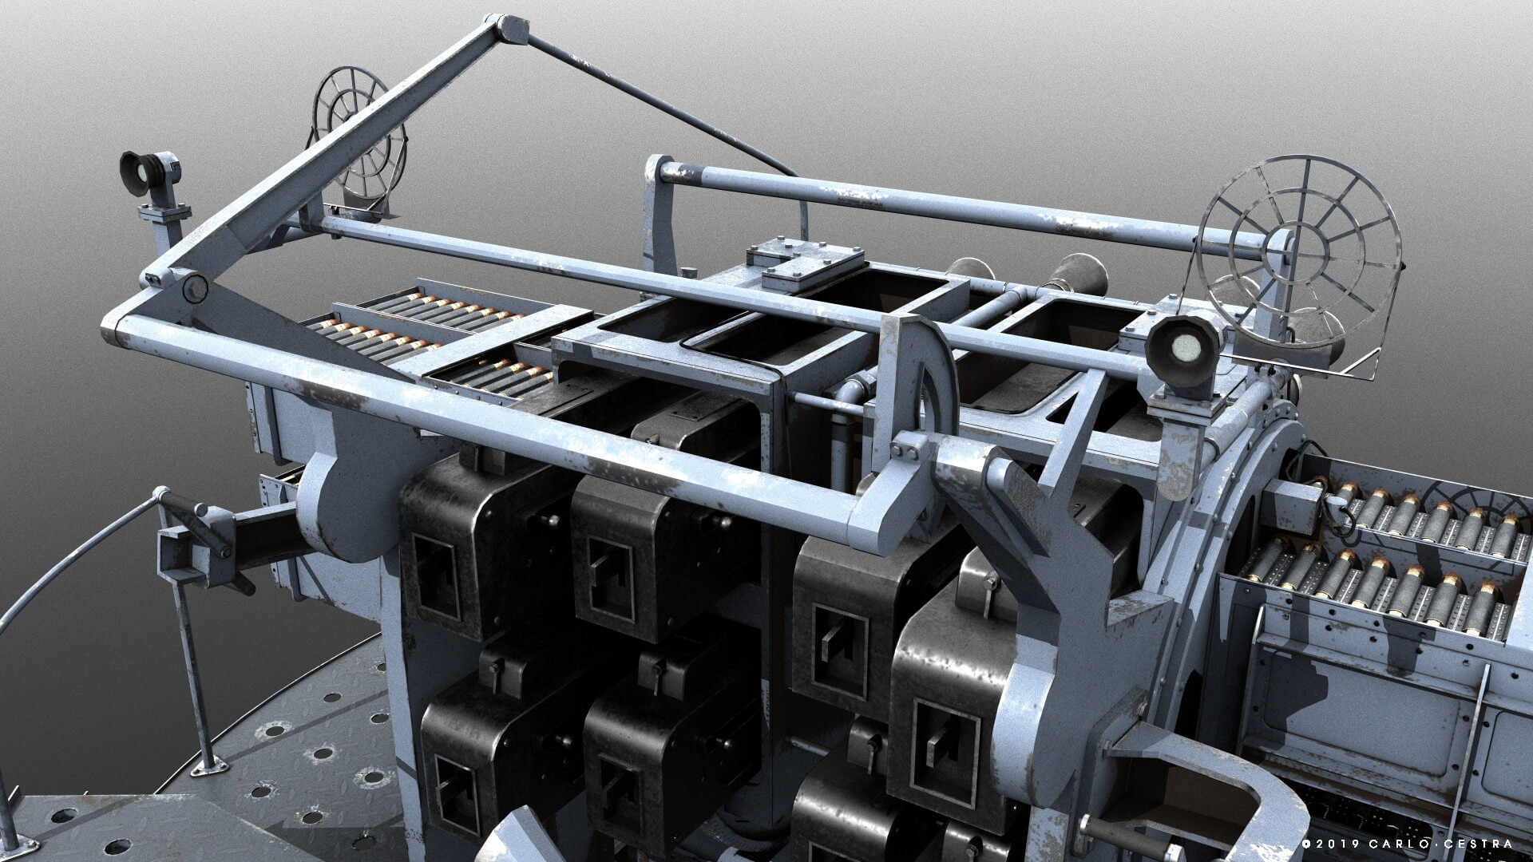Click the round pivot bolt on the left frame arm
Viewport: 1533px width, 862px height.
click(x=193, y=288)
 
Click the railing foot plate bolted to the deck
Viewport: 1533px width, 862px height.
click(x=209, y=765)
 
